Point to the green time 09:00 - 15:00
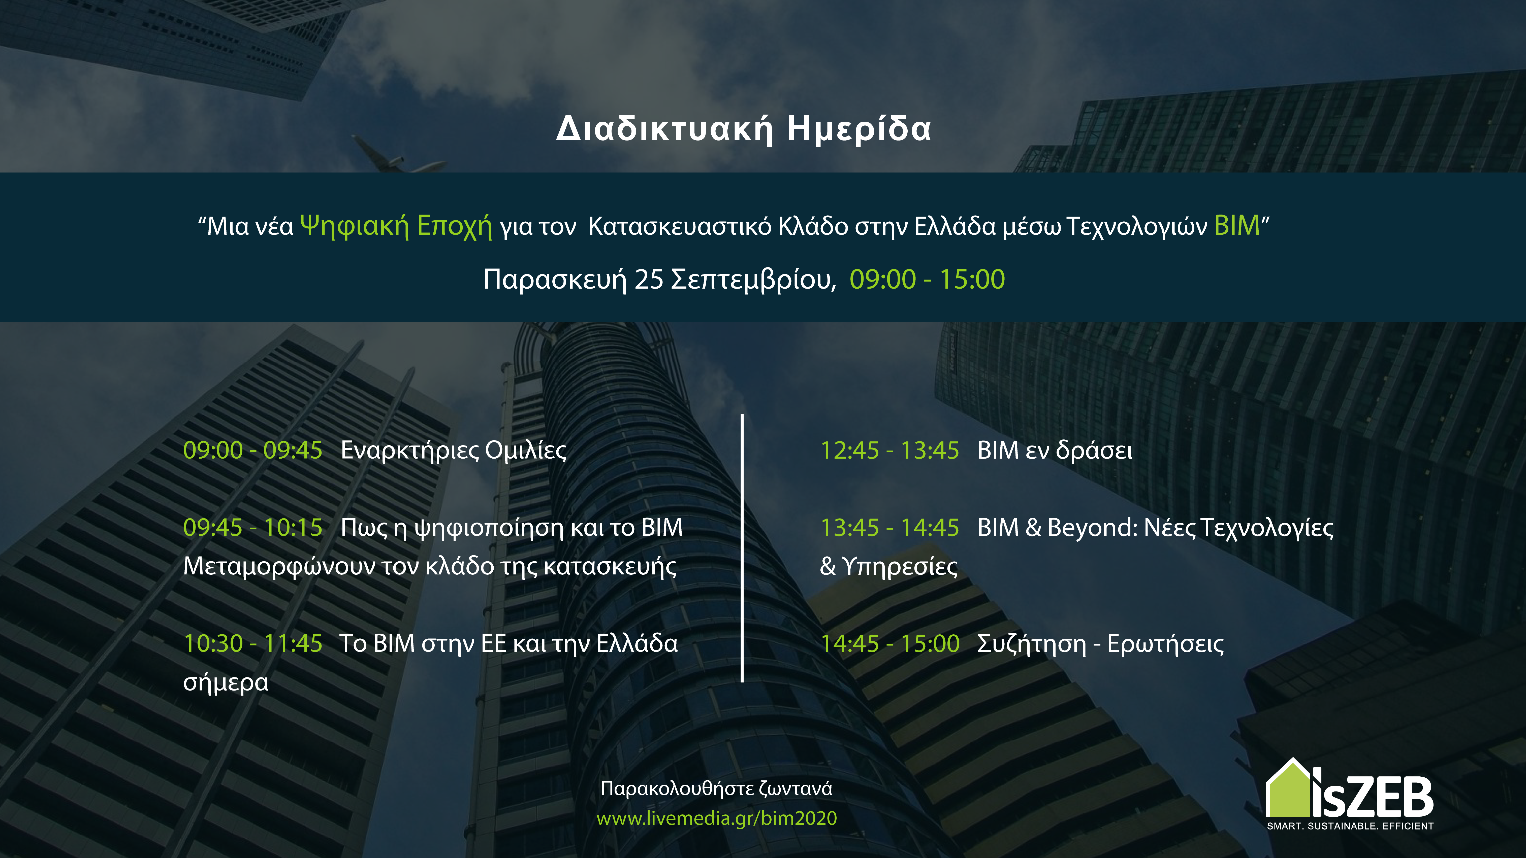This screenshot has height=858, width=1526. [x=927, y=280]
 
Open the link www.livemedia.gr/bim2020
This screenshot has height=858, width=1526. [x=717, y=818]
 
